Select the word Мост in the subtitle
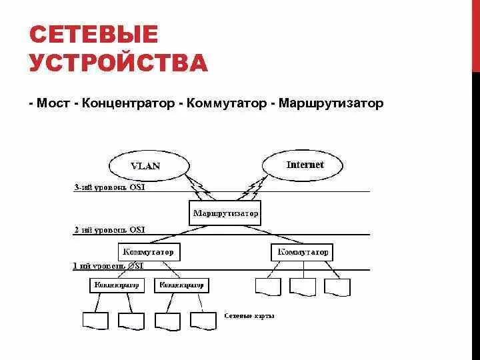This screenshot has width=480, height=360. [55, 104]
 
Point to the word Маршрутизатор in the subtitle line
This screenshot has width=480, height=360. [332, 104]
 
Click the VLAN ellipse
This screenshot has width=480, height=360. [145, 165]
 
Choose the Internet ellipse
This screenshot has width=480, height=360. [305, 164]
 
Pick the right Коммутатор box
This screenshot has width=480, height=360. [303, 253]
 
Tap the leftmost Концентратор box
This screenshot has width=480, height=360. [117, 285]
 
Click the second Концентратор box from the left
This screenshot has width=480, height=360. [181, 285]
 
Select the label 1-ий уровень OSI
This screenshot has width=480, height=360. [109, 265]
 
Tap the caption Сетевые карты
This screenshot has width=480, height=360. [249, 315]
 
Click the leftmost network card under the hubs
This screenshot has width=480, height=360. [95, 320]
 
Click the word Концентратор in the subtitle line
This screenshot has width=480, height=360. [130, 104]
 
